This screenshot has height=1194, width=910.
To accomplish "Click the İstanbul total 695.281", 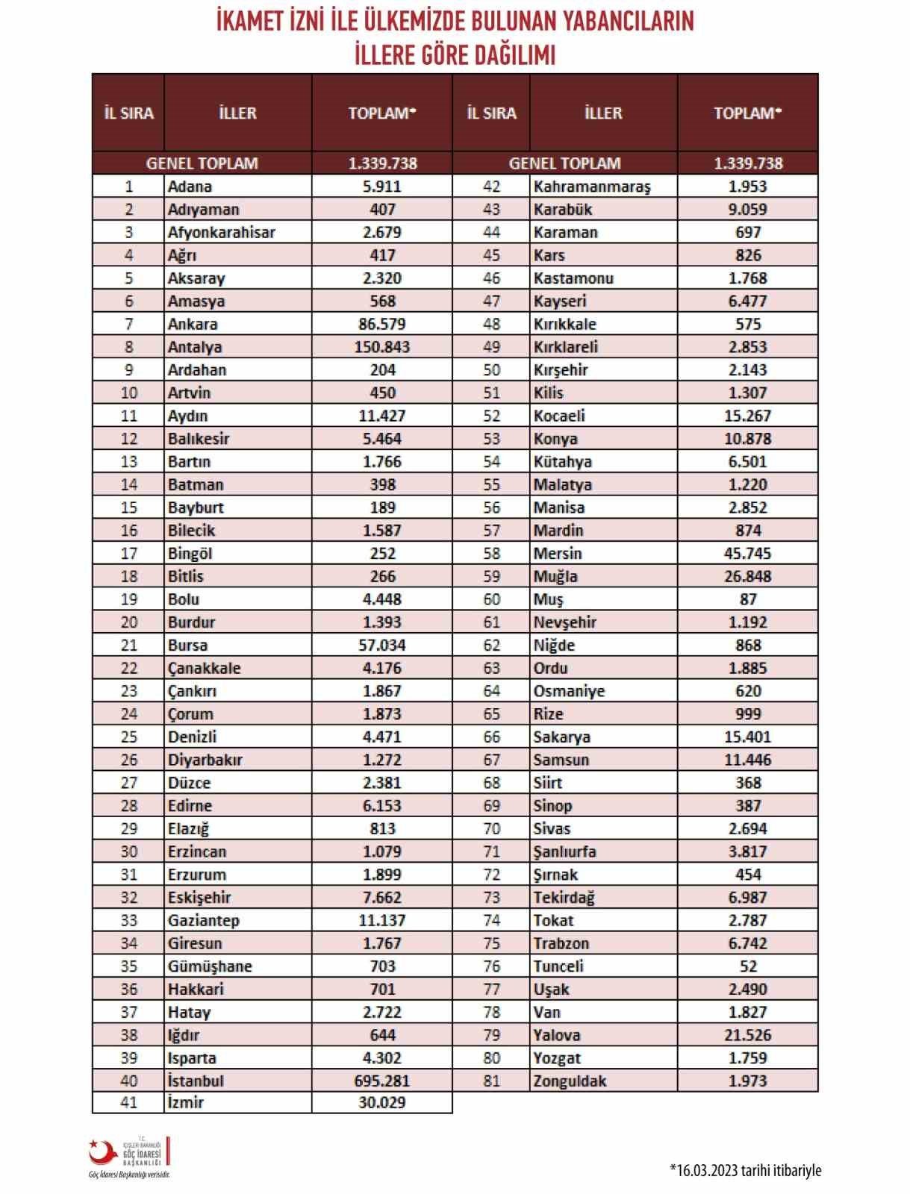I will click(x=382, y=1081).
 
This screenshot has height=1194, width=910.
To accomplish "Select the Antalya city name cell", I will click(x=195, y=347).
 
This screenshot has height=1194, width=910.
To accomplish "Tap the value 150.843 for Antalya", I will click(x=382, y=347).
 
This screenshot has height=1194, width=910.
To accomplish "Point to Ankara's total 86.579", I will click(x=382, y=324).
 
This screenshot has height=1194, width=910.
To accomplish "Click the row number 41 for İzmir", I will click(x=128, y=1102).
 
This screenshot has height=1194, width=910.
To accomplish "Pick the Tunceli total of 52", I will click(x=748, y=966).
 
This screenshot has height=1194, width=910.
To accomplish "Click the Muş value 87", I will click(x=748, y=599).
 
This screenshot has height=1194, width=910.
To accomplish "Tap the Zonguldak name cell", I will click(x=570, y=1081).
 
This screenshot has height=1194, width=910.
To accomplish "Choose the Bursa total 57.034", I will click(x=382, y=645).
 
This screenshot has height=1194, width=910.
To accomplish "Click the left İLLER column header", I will click(x=237, y=113).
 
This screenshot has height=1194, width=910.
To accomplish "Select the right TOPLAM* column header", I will click(x=748, y=113).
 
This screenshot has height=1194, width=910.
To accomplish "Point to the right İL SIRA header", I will click(x=491, y=113).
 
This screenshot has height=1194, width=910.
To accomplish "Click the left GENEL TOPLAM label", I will click(x=202, y=163).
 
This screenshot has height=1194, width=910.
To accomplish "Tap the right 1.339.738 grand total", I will click(x=748, y=163).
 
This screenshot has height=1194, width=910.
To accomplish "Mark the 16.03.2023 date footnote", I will click(x=745, y=1169).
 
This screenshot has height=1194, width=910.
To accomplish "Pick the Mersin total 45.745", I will click(x=748, y=554).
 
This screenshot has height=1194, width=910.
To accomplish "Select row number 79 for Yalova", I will click(x=491, y=1035).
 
